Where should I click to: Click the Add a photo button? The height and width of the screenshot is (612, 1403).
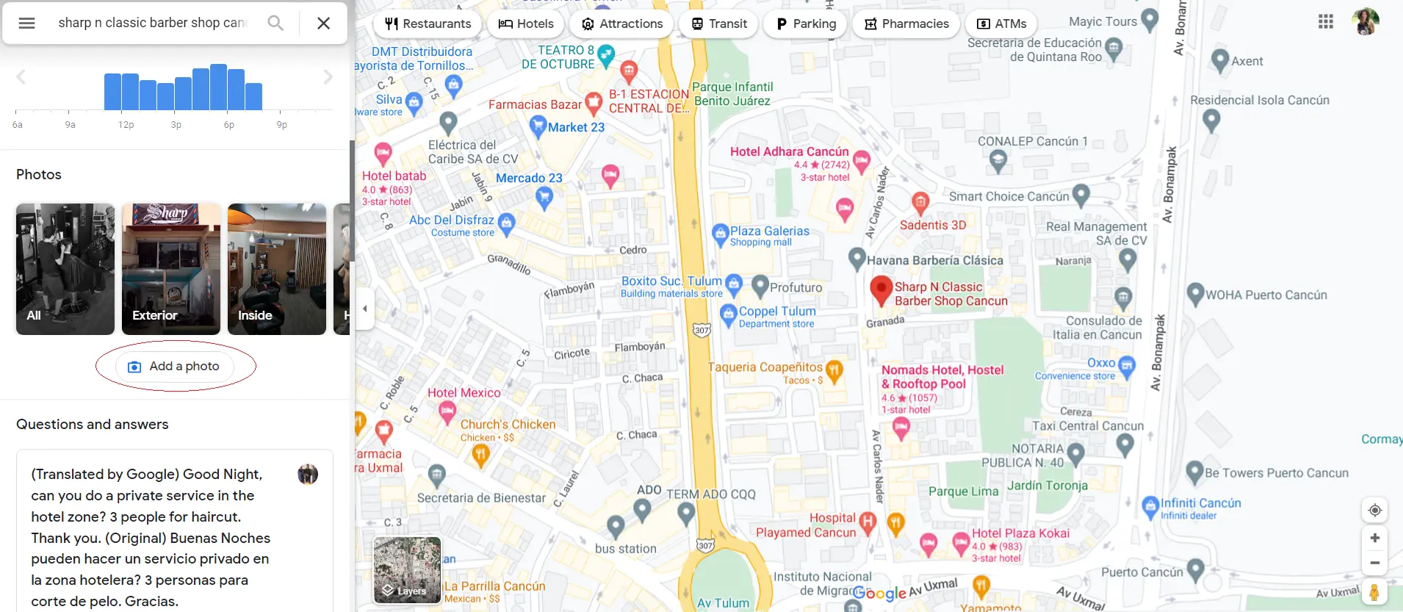tap(176, 367)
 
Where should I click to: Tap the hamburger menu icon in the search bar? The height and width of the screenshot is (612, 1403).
tap(27, 24)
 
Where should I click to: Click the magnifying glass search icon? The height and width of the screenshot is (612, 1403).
tap(275, 24)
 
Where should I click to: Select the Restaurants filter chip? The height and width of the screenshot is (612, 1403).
tap(428, 24)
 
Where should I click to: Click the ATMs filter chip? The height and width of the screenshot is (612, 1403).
tap(1001, 24)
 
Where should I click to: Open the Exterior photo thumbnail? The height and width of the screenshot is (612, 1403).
tap(171, 269)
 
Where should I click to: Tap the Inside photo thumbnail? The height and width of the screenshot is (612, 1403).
tap(277, 269)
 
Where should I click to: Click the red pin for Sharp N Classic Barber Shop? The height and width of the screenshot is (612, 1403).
tap(881, 289)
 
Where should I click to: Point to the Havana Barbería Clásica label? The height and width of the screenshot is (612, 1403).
tap(934, 260)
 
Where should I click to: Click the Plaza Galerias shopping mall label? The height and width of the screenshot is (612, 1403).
tap(769, 236)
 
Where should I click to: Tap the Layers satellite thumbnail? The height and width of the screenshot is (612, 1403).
tap(407, 570)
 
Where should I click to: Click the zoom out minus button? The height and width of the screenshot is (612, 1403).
tap(1374, 564)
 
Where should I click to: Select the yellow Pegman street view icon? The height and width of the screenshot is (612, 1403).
tap(1374, 592)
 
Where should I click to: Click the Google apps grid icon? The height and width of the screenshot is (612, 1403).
tap(1326, 22)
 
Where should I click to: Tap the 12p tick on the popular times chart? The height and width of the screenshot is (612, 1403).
tap(126, 125)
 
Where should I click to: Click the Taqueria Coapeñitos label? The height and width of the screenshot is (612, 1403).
tap(765, 367)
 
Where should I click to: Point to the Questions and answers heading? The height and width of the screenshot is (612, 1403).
tap(93, 425)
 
